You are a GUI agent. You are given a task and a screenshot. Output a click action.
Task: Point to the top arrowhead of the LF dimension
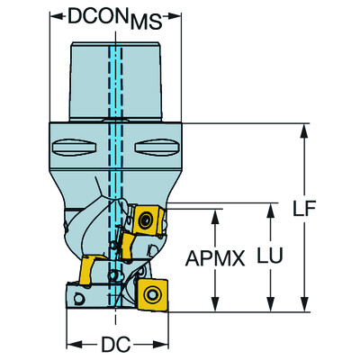[301, 127]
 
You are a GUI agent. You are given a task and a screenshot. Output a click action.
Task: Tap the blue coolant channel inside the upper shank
[115, 81]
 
